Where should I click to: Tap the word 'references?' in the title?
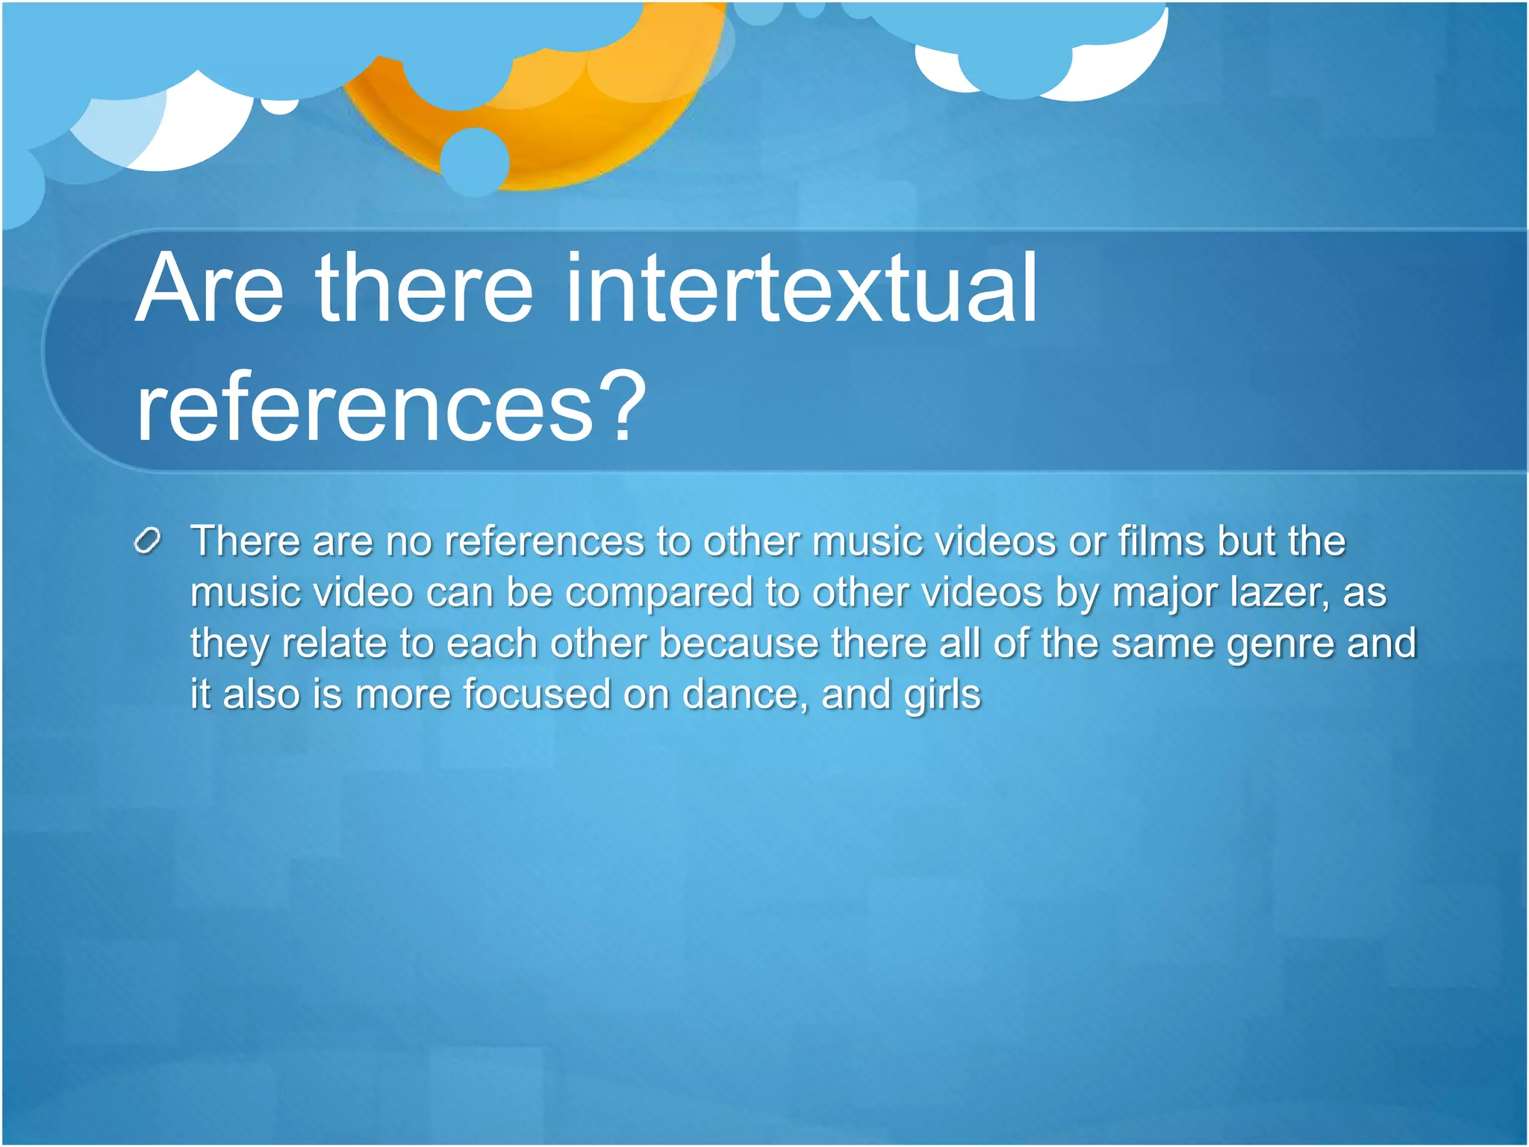coord(390,408)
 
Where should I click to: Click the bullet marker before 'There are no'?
coord(148,541)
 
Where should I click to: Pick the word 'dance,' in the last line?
coord(745,694)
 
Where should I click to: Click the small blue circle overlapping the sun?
coord(474,161)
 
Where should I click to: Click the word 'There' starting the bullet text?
coord(245,541)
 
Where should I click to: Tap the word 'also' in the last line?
coord(261,694)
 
